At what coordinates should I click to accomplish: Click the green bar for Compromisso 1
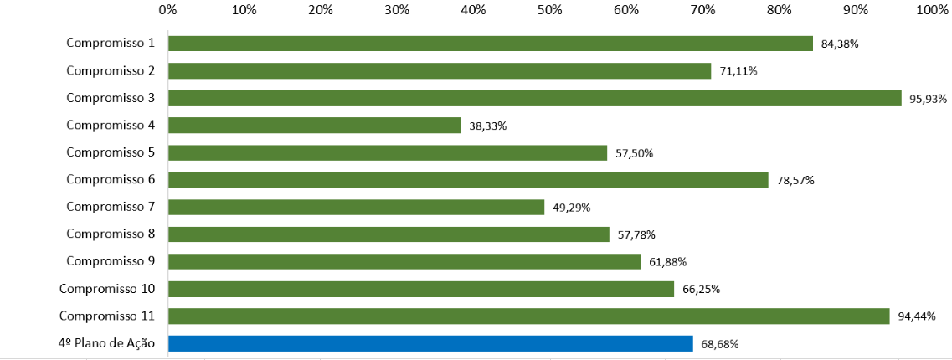(x=490, y=44)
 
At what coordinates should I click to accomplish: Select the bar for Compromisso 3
(x=534, y=98)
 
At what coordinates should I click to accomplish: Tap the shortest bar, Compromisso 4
(x=314, y=126)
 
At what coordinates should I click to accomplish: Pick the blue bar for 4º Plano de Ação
(x=430, y=343)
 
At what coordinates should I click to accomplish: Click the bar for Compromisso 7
(x=356, y=207)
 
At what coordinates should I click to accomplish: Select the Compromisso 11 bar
(x=528, y=316)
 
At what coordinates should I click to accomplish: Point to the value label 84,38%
(x=841, y=44)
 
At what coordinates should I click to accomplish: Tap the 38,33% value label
(x=488, y=126)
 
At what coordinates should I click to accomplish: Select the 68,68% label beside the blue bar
(x=720, y=344)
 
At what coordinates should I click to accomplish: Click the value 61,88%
(x=667, y=262)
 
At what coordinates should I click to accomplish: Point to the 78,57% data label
(x=795, y=180)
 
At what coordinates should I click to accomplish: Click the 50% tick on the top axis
(x=549, y=10)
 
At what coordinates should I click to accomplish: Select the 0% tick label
(x=167, y=10)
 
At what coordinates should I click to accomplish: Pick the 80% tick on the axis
(x=779, y=10)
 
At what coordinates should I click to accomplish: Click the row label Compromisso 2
(x=111, y=70)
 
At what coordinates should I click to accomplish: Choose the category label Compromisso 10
(x=107, y=289)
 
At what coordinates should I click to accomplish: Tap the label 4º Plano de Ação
(x=106, y=343)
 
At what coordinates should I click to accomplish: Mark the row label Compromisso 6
(x=111, y=180)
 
